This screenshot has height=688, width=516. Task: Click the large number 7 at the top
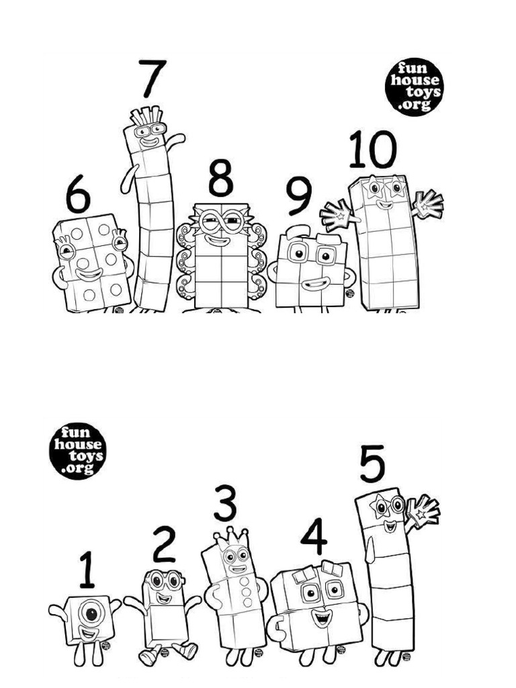pos(153,79)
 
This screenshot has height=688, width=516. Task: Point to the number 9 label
pos(299,197)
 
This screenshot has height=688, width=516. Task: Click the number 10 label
pos(372,150)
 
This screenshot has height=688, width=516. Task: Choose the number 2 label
pos(164,545)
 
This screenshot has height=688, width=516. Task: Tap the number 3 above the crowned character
pos(225,505)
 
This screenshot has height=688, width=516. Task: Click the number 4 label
pos(313,537)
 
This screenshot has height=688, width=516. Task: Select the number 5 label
pos(373,465)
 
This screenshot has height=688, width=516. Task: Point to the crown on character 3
pos(230,537)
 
